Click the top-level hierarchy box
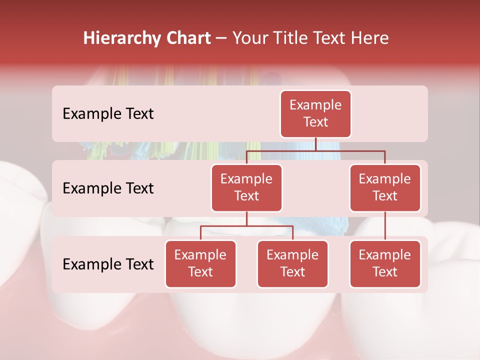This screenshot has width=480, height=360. tap(315, 114)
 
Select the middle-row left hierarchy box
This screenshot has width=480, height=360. tap(246, 188)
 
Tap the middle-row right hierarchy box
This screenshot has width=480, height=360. tap(385, 188)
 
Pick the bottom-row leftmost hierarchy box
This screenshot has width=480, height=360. tap(200, 264)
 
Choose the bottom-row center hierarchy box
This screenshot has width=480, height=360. tap(292, 264)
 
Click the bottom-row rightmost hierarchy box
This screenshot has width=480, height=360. tap(385, 264)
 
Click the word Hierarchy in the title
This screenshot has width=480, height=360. tap(120, 38)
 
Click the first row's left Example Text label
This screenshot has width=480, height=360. tap(108, 114)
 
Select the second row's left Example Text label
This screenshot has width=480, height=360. tap(108, 188)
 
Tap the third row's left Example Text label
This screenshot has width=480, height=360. tap(108, 264)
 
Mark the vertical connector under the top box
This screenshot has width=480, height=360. tap(315, 144)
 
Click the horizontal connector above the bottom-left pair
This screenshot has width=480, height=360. tap(246, 226)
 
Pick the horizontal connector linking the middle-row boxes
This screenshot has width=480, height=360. tap(315, 150)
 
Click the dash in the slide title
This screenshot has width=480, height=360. tap(221, 38)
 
